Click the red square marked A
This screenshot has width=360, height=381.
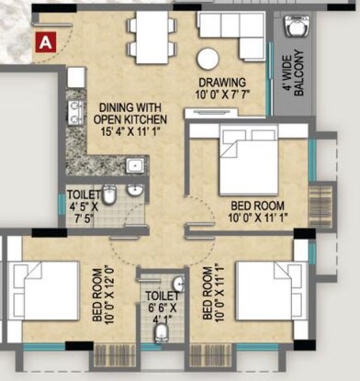(44, 39)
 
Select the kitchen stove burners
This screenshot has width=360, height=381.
(73, 111)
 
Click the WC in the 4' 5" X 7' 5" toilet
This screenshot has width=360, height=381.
(109, 194)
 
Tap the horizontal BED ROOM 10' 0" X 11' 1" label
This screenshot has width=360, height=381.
(258, 210)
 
